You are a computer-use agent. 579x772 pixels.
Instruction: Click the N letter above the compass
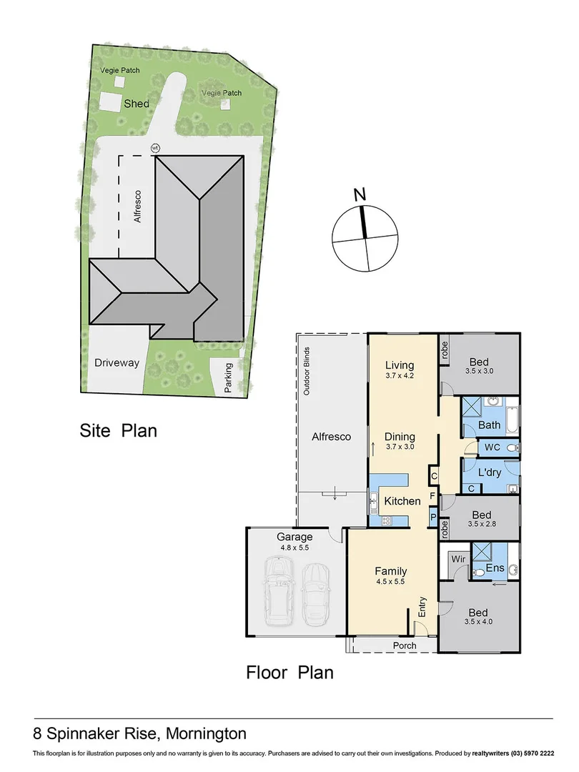[x=360, y=194]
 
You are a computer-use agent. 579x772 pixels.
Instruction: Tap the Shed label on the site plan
[x=137, y=104]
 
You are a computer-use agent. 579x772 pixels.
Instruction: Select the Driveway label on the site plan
[x=116, y=363]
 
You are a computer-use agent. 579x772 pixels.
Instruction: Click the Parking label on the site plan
[x=229, y=375]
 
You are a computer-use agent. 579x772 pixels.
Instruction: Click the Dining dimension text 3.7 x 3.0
[x=400, y=447]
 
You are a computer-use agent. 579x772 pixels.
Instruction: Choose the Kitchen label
[x=402, y=501]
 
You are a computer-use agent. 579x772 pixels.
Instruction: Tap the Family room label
[x=391, y=571]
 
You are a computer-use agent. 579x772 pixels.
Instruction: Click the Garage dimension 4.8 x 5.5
[x=295, y=547]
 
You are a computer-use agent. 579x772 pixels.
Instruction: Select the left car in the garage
[x=278, y=592]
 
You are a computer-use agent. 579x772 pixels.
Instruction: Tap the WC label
[x=493, y=447]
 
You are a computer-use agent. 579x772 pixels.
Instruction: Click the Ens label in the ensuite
[x=495, y=569]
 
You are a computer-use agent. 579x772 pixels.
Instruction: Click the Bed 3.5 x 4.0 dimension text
[x=479, y=623]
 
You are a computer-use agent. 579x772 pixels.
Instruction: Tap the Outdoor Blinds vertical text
[x=306, y=371]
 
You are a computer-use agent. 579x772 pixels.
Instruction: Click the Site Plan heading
[x=118, y=431]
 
